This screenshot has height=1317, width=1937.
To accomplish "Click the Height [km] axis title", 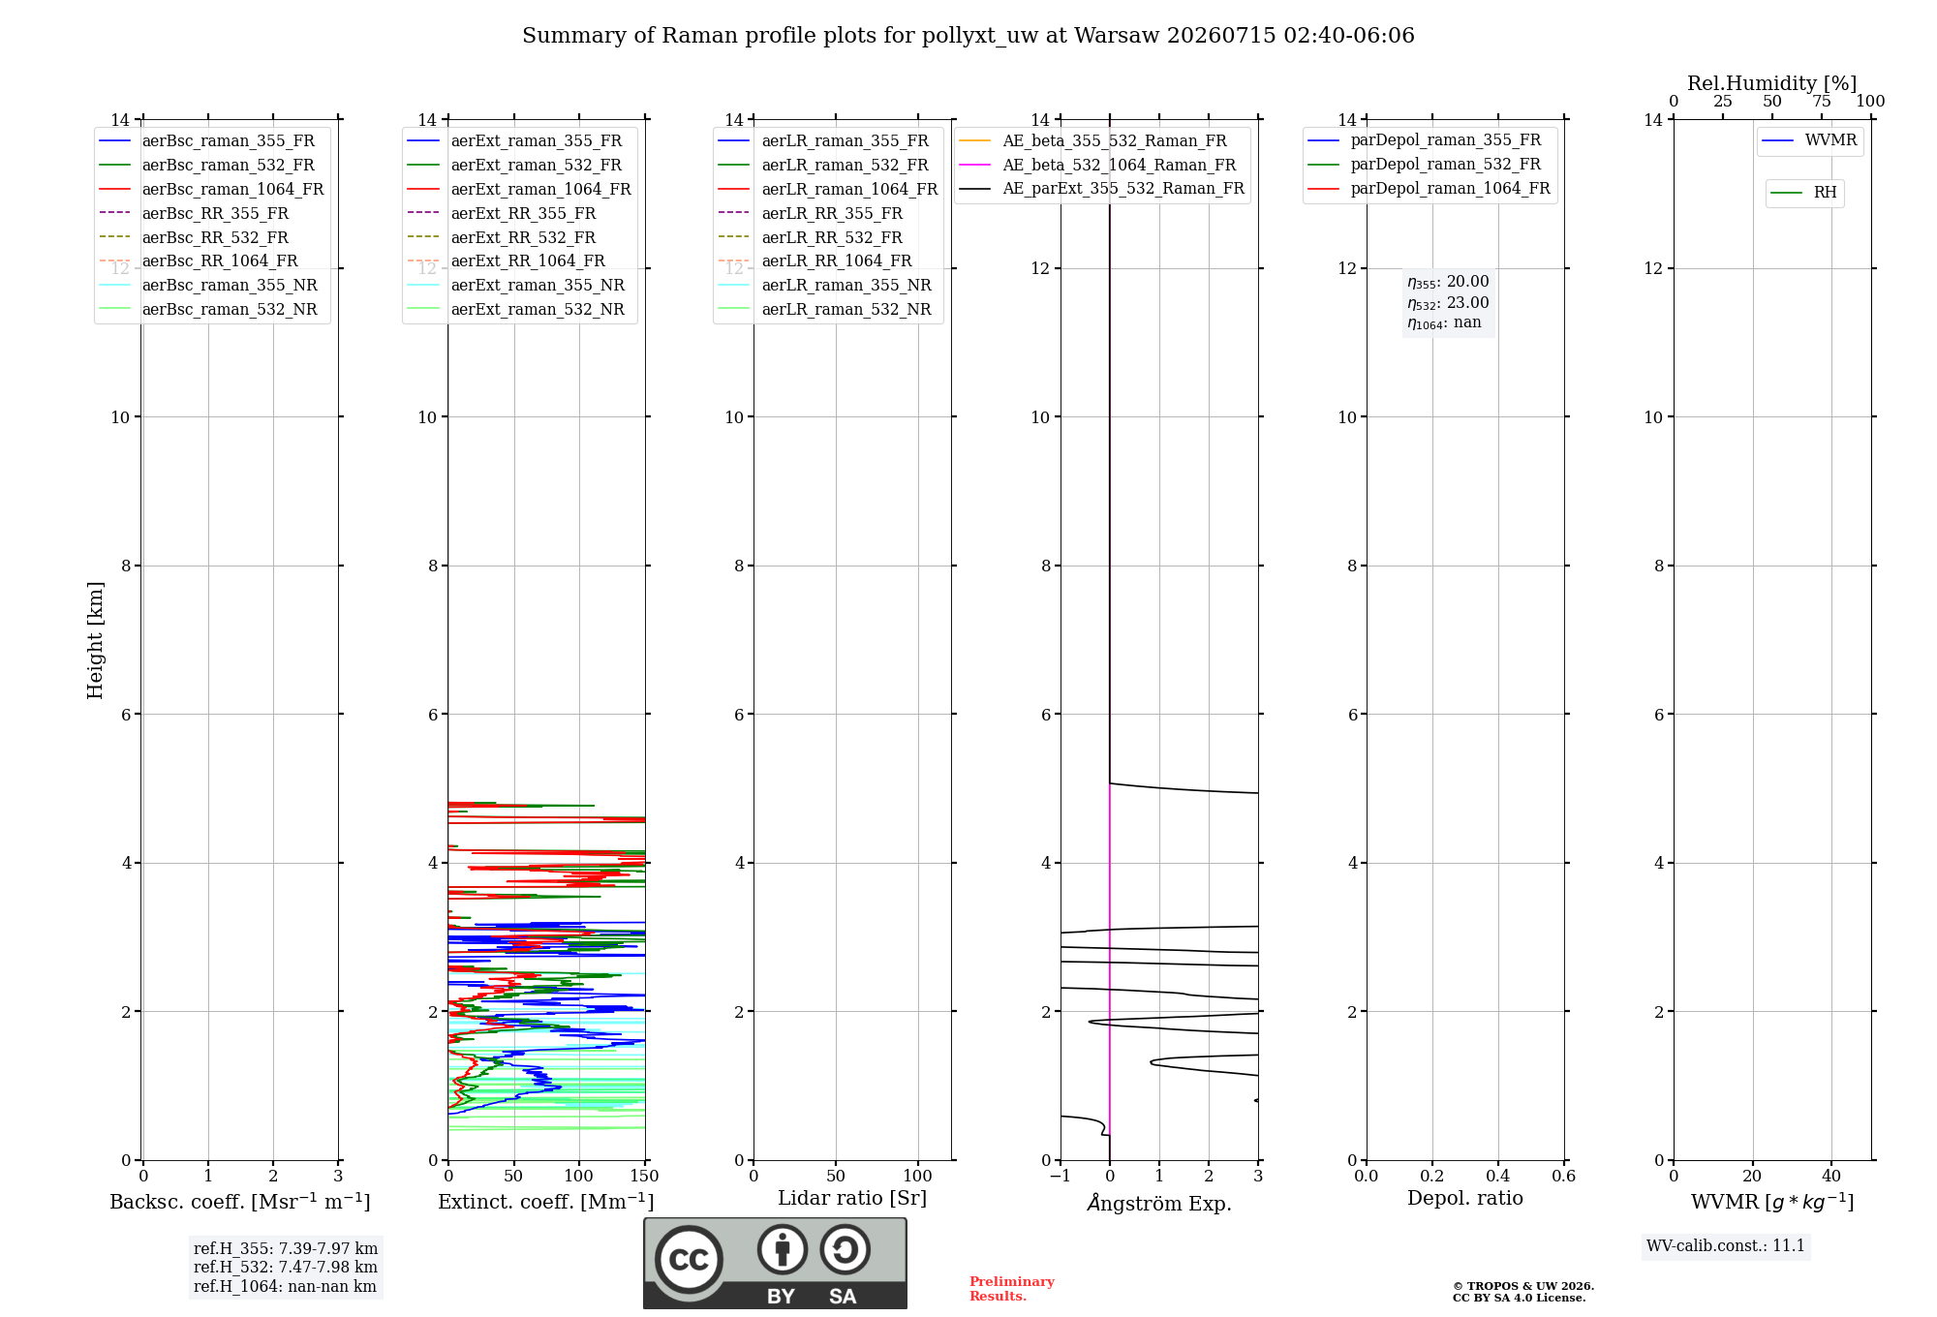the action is pyautogui.click(x=95, y=640).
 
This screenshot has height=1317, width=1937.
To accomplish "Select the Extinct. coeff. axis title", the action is pyautogui.click(x=546, y=1202).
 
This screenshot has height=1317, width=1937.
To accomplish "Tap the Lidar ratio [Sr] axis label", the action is pyautogui.click(x=852, y=1199).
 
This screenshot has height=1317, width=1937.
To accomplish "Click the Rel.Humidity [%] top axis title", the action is pyautogui.click(x=1772, y=83).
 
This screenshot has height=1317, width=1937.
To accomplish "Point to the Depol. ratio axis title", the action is pyautogui.click(x=1465, y=1199).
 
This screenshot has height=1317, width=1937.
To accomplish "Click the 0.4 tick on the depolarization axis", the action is pyautogui.click(x=1498, y=1177).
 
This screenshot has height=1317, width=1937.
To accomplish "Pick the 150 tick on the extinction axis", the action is pyautogui.click(x=644, y=1177).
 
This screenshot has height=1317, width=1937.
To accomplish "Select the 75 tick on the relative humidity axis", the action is pyautogui.click(x=1822, y=102).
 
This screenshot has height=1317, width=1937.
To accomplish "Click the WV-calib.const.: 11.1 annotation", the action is pyautogui.click(x=1726, y=1246).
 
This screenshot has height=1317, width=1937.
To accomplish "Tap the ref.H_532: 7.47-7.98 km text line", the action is pyautogui.click(x=286, y=1268).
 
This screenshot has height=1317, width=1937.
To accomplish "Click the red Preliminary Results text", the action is pyautogui.click(x=1012, y=1289).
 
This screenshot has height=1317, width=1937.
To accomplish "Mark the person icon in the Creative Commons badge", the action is pyautogui.click(x=783, y=1249).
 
